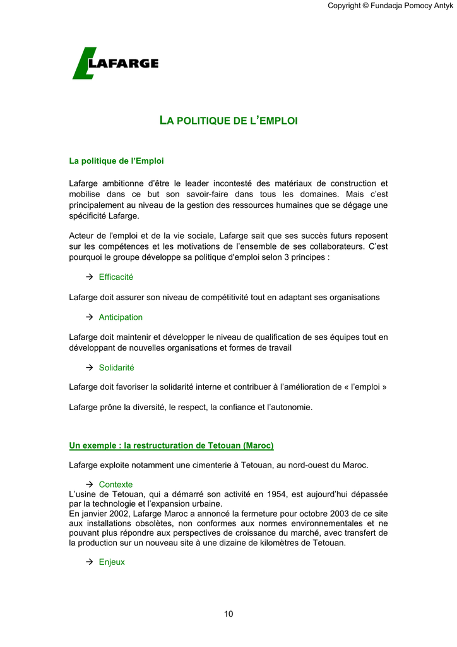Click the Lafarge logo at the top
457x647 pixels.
pos(115,63)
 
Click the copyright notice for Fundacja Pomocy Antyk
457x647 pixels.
pos(390,6)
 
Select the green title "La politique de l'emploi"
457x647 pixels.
pos(228,120)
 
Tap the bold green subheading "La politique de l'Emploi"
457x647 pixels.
pos(116,161)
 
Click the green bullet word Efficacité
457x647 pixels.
pos(116,277)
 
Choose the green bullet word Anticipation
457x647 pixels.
pos(121,317)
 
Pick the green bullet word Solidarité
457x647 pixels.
pos(116,368)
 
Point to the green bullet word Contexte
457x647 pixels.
pos(116,485)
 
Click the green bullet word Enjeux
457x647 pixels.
pos(112,562)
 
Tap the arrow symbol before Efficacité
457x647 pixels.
pos(89,277)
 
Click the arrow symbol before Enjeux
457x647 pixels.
pos(89,562)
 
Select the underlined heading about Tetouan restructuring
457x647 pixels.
pos(171,445)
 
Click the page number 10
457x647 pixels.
pos(228,614)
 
